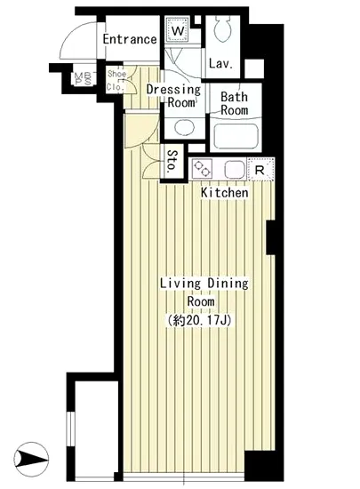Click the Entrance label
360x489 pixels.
(130, 40)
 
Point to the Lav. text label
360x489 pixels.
(220, 64)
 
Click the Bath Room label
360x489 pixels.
(234, 103)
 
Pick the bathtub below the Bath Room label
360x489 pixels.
(235, 137)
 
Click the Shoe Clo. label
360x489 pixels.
(116, 80)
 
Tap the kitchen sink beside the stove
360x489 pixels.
(233, 168)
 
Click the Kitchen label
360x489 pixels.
(224, 192)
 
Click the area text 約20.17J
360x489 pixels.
(204, 320)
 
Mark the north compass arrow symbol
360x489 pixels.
(33, 461)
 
